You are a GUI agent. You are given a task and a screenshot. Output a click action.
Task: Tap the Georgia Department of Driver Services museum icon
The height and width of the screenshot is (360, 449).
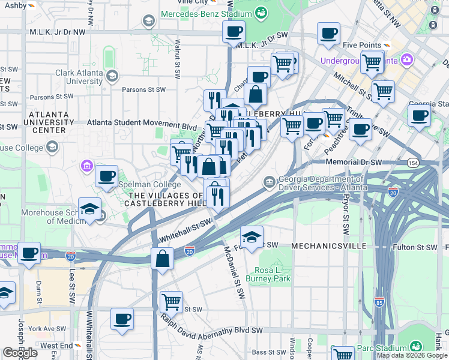[x=270, y=181]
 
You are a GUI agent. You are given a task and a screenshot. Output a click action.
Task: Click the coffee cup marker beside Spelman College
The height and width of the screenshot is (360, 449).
[x=106, y=176]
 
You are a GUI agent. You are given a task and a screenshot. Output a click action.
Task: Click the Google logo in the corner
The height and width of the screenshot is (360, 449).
[x=21, y=353]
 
